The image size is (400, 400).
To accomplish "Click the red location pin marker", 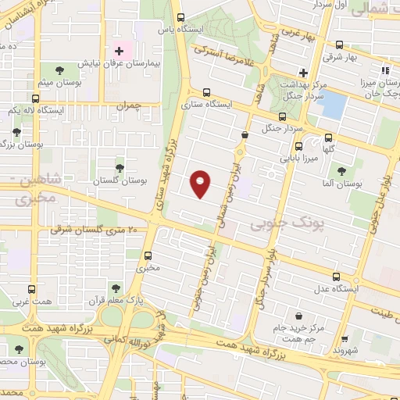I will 201,184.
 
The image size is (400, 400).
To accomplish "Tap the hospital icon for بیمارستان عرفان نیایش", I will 119,51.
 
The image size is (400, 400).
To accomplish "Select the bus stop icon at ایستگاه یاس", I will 181,17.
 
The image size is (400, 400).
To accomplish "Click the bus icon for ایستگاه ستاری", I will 206,91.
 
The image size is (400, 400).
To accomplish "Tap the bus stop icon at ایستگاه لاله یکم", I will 36,99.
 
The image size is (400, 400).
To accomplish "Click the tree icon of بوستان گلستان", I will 120,167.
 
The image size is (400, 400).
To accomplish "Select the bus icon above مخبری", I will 148,255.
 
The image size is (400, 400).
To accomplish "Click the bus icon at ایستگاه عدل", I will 337,277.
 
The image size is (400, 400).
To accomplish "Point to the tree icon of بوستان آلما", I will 341,171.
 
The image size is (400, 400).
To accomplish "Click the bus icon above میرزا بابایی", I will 298,146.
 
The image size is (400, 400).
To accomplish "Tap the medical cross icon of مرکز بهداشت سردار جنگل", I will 304,73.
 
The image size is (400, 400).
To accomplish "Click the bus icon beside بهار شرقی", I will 338,45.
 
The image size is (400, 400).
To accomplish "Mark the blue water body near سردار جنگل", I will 332,105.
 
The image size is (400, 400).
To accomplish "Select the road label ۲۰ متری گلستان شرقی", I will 94,230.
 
